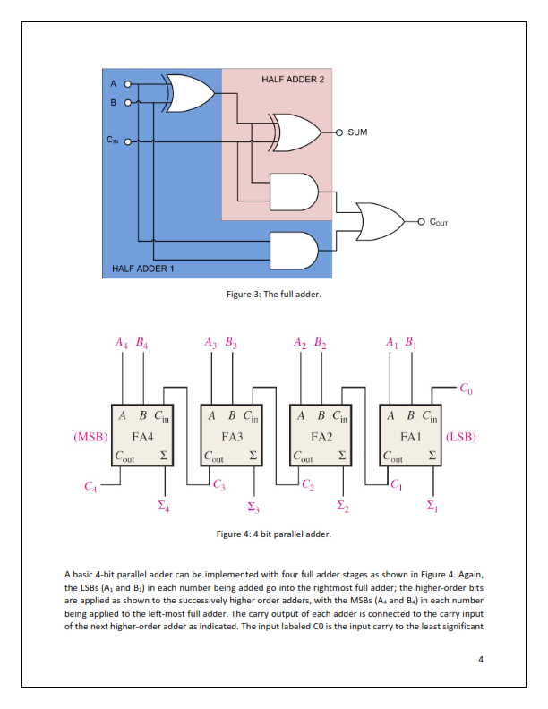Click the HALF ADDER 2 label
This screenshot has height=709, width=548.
click(293, 79)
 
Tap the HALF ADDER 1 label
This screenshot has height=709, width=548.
click(143, 269)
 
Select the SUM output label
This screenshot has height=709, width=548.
click(357, 132)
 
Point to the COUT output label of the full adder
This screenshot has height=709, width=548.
click(439, 222)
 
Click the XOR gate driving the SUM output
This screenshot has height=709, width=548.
click(297, 132)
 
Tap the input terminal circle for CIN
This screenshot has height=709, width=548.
click(127, 142)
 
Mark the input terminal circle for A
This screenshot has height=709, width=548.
click(127, 84)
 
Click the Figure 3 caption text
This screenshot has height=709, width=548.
click(273, 295)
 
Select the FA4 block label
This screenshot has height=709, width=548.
click(142, 437)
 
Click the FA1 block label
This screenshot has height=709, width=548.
click(410, 437)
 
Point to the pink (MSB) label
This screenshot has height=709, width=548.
click(90, 437)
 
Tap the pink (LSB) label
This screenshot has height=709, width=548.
click(461, 437)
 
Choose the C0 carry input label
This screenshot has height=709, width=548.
click(467, 389)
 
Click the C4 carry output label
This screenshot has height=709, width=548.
click(90, 486)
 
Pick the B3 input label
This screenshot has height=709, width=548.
click(231, 343)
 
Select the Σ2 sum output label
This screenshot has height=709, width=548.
click(343, 506)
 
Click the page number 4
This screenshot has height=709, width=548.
click(481, 659)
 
